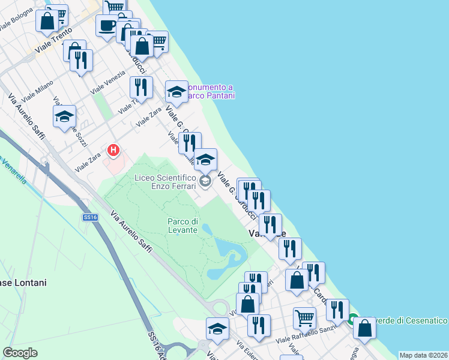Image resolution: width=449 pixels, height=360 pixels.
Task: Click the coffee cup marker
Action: point(107,26)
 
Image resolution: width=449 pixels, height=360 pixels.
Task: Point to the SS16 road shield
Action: point(91,217)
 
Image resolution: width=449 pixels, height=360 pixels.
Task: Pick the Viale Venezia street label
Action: point(108,82)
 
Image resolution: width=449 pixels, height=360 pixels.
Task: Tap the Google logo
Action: point(20,352)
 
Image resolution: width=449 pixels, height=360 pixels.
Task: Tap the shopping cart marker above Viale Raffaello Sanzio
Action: point(305,317)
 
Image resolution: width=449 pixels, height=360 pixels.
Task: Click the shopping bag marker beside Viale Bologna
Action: point(46,21)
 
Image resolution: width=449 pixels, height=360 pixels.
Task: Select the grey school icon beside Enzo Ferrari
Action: point(205,182)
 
